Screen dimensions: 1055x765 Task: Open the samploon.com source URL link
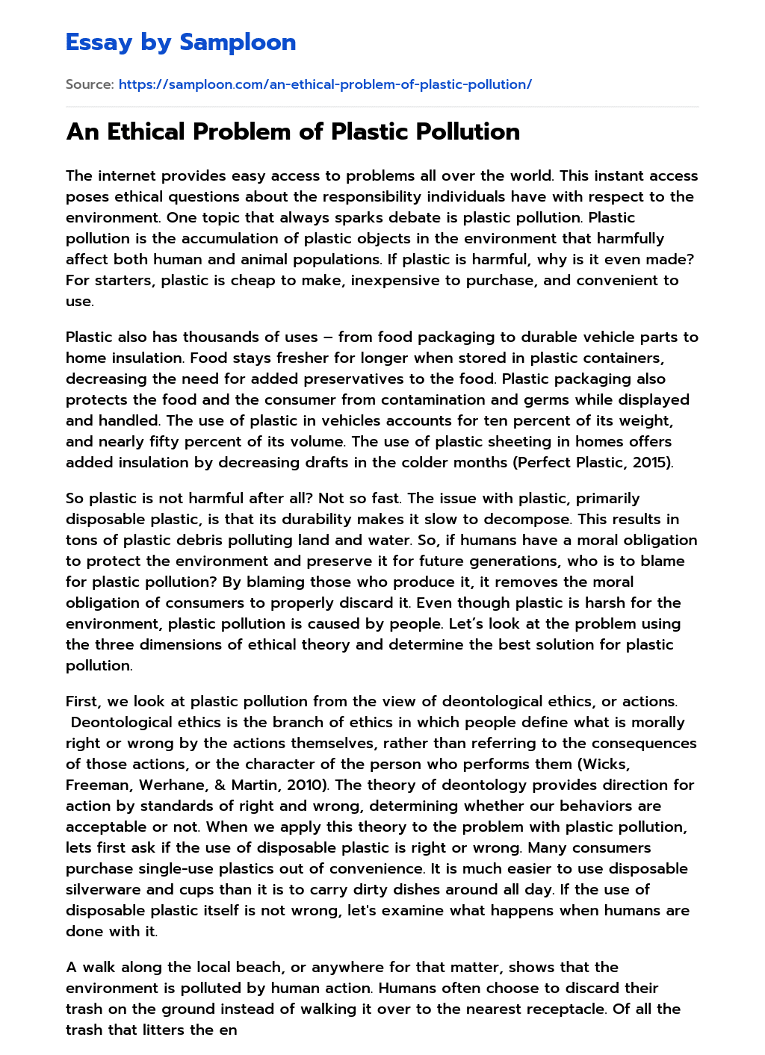coord(325,84)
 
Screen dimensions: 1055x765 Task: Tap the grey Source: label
coord(90,84)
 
